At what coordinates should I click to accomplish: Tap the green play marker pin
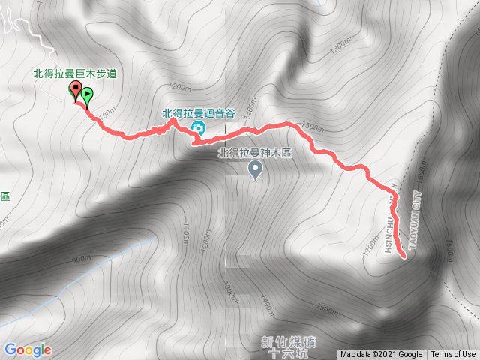pyautogui.click(x=87, y=96)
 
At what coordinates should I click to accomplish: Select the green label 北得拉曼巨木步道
pyautogui.click(x=76, y=73)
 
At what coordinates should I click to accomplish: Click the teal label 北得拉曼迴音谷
pyautogui.click(x=199, y=113)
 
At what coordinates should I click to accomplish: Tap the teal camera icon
pyautogui.click(x=198, y=125)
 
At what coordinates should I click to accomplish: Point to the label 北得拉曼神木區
pyautogui.click(x=253, y=153)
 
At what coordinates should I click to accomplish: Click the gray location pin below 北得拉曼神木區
pyautogui.click(x=255, y=172)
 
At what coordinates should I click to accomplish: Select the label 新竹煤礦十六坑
pyautogui.click(x=288, y=347)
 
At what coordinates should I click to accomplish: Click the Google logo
pyautogui.click(x=27, y=349)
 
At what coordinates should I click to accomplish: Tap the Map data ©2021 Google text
pyautogui.click(x=381, y=355)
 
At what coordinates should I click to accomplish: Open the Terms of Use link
pyautogui.click(x=453, y=355)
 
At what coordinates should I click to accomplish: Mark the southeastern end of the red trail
pyautogui.click(x=405, y=256)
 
